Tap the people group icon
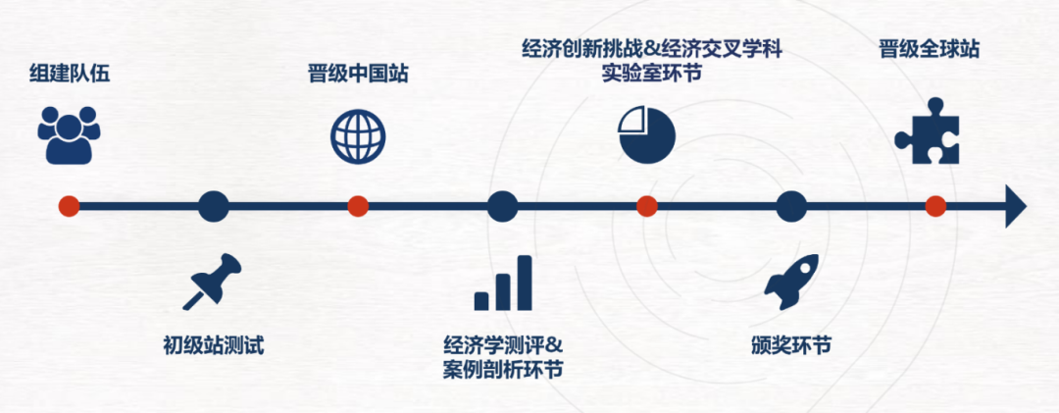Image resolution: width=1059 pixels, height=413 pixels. click(x=70, y=135)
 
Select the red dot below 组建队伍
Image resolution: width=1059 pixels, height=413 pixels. click(x=68, y=206)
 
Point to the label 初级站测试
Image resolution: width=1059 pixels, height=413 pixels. click(x=214, y=345)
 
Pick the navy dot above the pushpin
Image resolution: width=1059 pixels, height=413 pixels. click(x=213, y=206)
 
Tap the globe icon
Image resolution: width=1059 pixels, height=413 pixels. click(x=358, y=135)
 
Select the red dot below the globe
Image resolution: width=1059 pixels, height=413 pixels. click(x=358, y=206)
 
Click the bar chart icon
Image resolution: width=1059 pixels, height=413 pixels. click(x=503, y=284)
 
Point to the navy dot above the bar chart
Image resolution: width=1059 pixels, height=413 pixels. click(x=502, y=206)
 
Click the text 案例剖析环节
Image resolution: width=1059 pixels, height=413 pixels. click(x=503, y=371)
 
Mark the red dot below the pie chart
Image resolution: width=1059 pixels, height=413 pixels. click(x=646, y=206)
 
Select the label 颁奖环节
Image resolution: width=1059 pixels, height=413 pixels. click(x=790, y=345)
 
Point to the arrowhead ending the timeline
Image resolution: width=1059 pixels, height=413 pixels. click(x=1016, y=207)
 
